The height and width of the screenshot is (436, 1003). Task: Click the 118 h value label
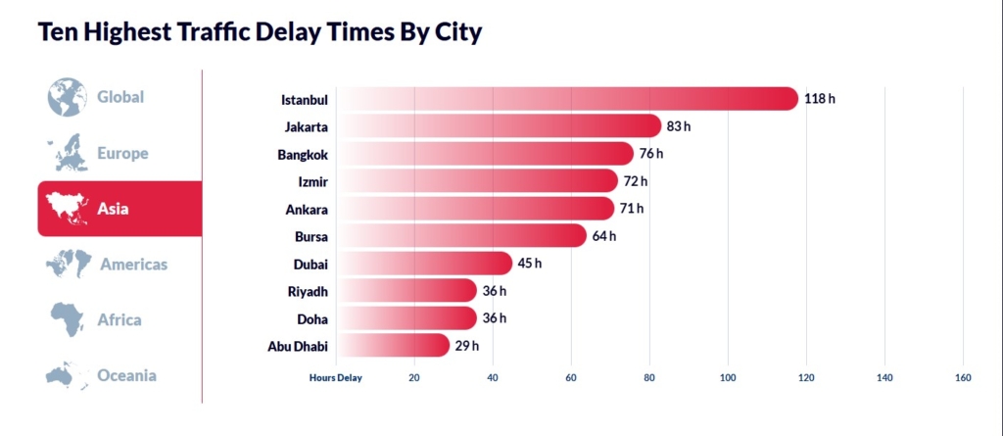(x=819, y=99)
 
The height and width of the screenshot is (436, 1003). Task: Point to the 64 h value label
(x=604, y=236)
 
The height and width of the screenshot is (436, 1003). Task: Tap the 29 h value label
(x=467, y=346)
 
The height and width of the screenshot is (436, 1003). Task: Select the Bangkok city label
(x=303, y=154)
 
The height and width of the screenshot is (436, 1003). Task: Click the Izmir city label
(x=311, y=181)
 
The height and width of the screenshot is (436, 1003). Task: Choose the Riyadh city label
(x=308, y=291)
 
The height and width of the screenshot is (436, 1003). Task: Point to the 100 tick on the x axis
(x=728, y=377)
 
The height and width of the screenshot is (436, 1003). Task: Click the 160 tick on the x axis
(x=963, y=377)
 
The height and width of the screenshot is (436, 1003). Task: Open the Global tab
(x=119, y=97)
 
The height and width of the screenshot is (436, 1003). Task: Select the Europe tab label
(x=122, y=153)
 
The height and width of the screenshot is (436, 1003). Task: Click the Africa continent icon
(x=68, y=319)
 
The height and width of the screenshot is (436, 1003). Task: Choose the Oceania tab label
(x=126, y=375)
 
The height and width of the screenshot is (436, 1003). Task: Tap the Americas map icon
(x=69, y=264)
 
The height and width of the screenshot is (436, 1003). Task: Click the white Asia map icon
(x=68, y=208)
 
